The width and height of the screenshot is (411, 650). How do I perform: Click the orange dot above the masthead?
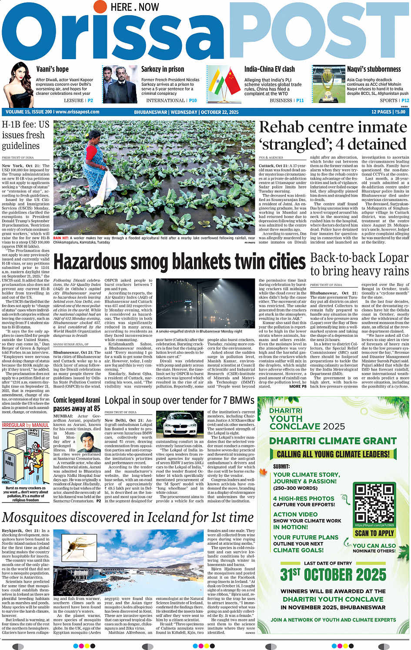coord(100,7)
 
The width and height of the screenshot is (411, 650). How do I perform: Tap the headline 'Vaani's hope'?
coord(52,69)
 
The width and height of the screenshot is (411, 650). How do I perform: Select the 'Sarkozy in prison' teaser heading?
coord(162,69)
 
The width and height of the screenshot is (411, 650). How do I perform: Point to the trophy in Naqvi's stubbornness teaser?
coord(323,85)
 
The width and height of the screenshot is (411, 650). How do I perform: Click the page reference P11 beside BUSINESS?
coord(300,101)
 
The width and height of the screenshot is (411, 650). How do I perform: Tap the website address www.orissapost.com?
coord(77,112)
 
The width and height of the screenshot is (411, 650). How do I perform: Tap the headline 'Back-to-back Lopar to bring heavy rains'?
coord(359,264)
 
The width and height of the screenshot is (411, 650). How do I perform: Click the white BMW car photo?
coord(179,423)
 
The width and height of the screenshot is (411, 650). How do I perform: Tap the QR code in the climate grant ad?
coord(374,504)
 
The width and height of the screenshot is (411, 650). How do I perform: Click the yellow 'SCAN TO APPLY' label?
coord(374,533)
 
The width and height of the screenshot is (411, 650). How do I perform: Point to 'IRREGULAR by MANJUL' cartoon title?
coord(26,425)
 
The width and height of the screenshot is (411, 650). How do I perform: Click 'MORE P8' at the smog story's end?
coord(298,386)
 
